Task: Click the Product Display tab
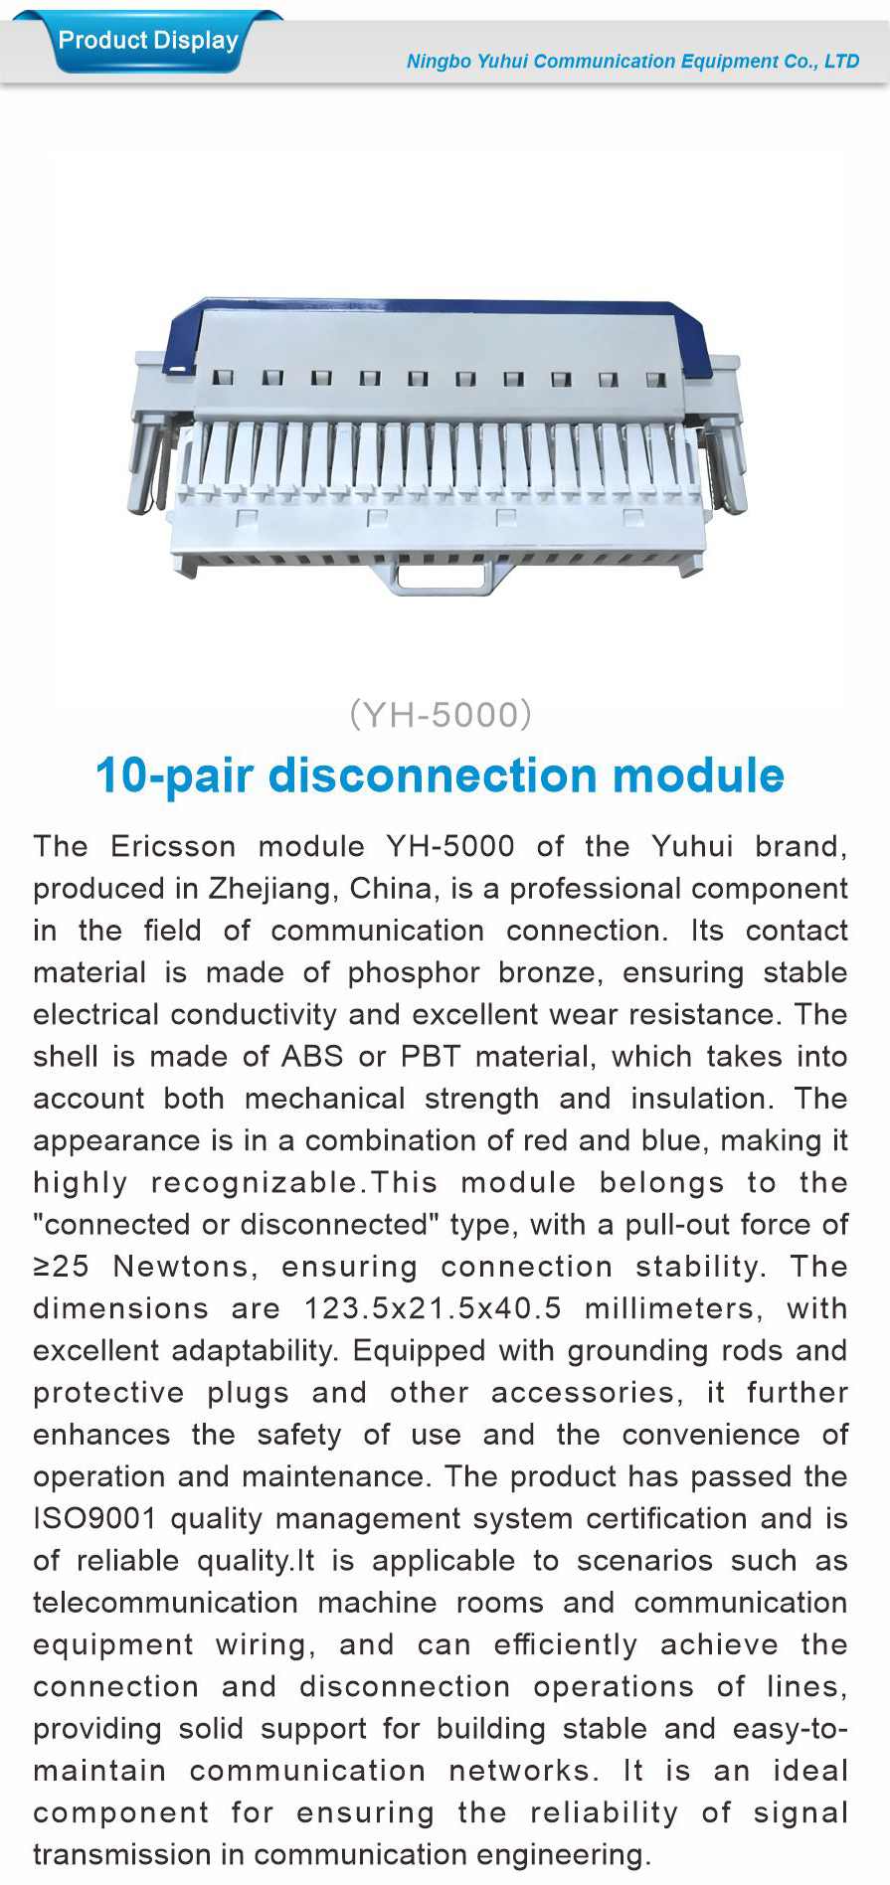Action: [x=148, y=41]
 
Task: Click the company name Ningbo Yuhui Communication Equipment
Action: [x=632, y=62]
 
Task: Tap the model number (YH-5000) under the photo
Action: [x=441, y=714]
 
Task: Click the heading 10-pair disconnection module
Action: [x=440, y=775]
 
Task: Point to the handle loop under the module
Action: [x=444, y=577]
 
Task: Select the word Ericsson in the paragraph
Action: [x=173, y=846]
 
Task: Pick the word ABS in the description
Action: [x=312, y=1056]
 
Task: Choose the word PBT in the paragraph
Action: [x=431, y=1056]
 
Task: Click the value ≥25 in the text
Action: [x=61, y=1267]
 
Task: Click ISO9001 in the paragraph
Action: [x=94, y=1518]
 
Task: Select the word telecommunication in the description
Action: [x=165, y=1603]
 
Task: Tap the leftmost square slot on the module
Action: [x=224, y=378]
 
